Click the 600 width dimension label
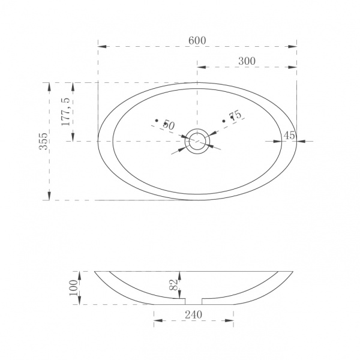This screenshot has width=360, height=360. pos(197,41)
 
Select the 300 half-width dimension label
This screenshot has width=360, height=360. pos(247,61)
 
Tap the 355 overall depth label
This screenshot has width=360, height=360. pos(43,141)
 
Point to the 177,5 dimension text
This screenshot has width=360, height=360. pos(65,112)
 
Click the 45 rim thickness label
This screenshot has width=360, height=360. pos(289,136)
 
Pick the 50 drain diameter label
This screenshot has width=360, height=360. pos(169,125)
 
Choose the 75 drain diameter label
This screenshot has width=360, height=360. pos(236,115)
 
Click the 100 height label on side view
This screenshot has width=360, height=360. pos(74,288)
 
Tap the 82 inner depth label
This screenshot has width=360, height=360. pos(174,284)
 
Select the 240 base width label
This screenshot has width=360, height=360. pos(194,314)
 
